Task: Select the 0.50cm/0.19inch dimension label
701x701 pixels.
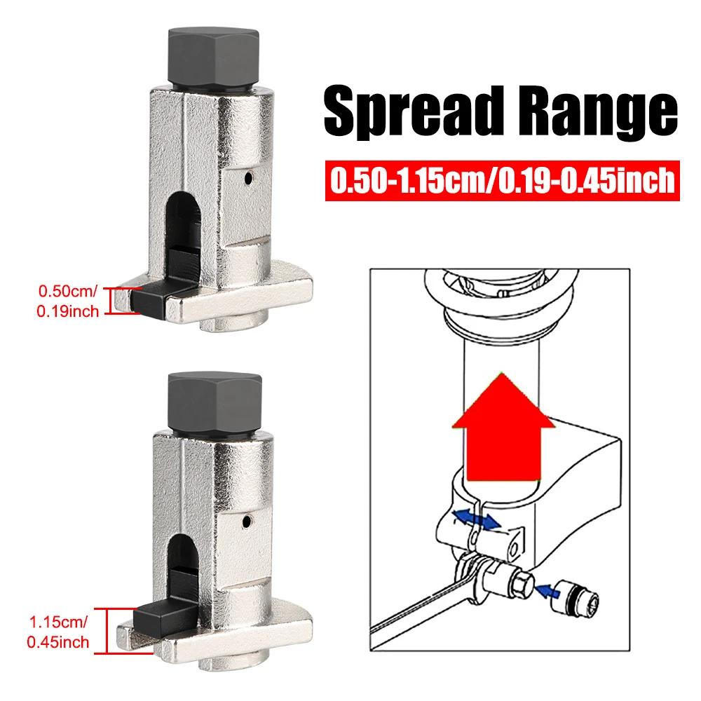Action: coord(68,299)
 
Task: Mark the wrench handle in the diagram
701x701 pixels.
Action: coord(407,617)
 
